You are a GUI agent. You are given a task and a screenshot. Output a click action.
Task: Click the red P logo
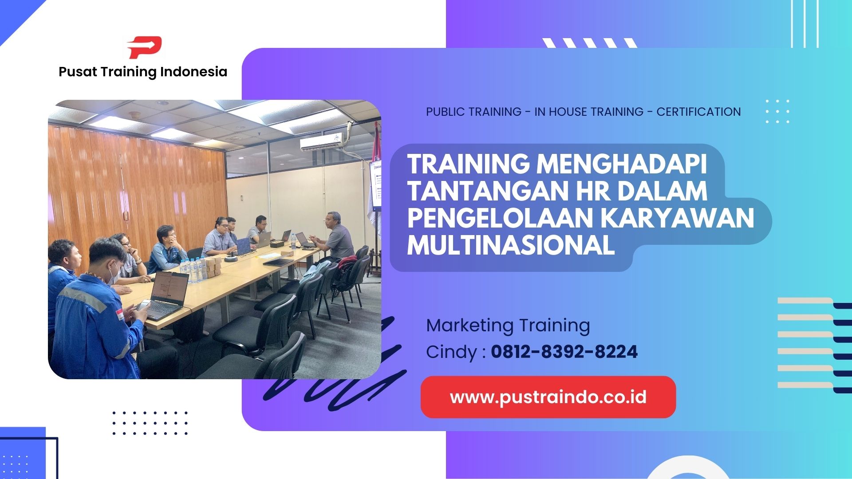point(144,47)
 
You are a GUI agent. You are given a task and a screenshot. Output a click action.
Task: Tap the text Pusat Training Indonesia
point(143,72)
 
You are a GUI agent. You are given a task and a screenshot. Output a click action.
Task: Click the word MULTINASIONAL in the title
point(511,245)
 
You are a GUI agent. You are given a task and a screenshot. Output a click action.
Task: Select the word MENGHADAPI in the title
point(621,164)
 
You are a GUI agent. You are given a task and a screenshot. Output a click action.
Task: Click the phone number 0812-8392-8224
point(564,352)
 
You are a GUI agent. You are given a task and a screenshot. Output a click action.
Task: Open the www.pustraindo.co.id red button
point(548,397)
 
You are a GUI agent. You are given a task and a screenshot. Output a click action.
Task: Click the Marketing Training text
point(508,325)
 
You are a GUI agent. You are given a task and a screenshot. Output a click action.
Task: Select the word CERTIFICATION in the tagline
point(698,112)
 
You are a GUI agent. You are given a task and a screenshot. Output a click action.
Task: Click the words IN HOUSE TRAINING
point(589,112)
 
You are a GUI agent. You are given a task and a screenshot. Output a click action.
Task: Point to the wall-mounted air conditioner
point(321,142)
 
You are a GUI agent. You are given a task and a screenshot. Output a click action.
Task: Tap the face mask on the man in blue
point(114,274)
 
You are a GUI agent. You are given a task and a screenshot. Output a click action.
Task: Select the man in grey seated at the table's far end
point(337,237)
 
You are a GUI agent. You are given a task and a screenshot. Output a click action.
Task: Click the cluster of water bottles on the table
point(193,270)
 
